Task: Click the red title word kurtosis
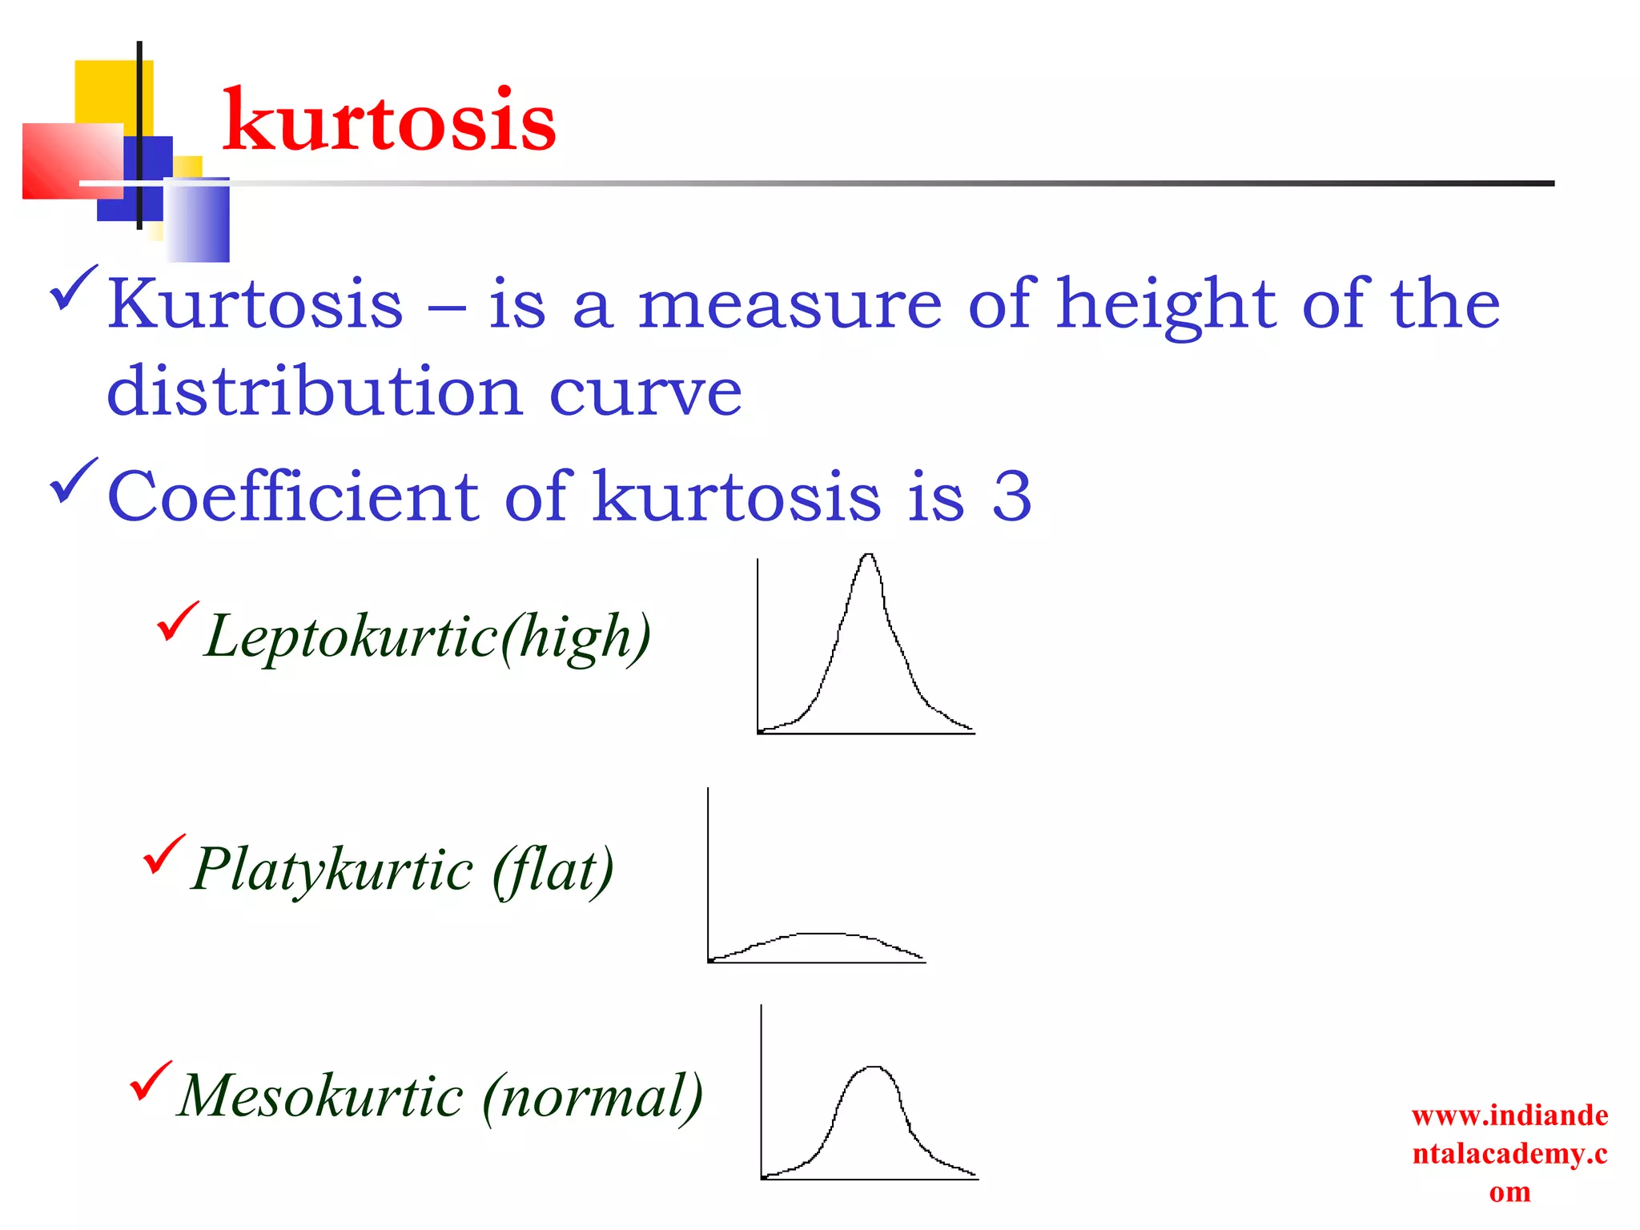(389, 122)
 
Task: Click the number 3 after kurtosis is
(1011, 496)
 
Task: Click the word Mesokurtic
(320, 1095)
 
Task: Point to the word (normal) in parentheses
(593, 1095)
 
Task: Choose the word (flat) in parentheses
(553, 870)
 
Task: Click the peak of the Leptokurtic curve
(869, 555)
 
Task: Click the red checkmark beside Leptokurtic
(177, 621)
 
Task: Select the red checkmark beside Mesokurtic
(150, 1080)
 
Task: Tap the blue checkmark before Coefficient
(74, 480)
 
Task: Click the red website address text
(1509, 1153)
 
